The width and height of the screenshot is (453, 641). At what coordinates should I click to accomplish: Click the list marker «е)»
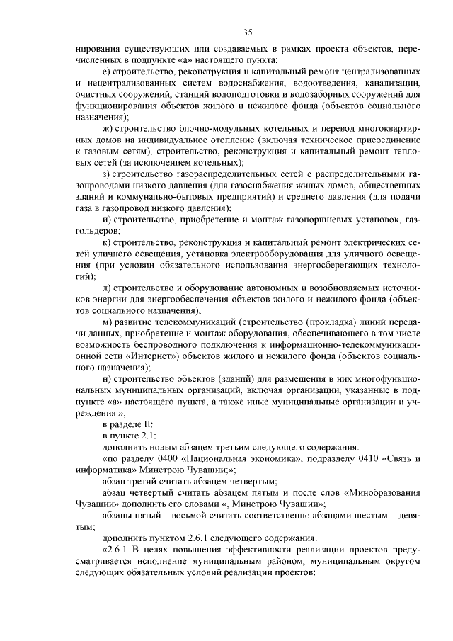[106, 72]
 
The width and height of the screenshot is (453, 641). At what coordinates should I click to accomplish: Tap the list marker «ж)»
[107, 127]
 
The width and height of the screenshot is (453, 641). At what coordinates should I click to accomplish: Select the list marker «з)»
[106, 174]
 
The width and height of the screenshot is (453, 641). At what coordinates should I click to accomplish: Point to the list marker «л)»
[106, 288]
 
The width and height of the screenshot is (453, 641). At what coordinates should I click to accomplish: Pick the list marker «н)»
[106, 380]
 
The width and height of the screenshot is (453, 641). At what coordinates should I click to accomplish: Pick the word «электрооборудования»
[280, 254]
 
